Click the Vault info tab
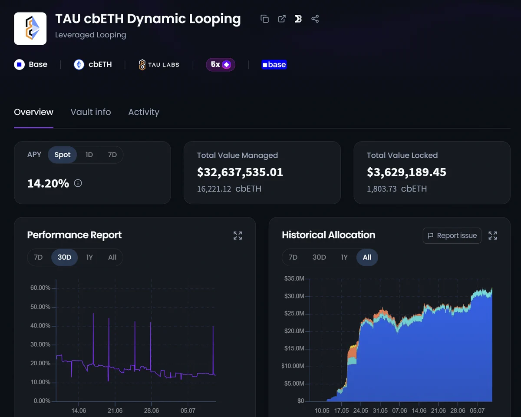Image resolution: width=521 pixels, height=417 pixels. pyautogui.click(x=91, y=112)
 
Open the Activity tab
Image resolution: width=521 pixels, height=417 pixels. pyautogui.click(x=144, y=112)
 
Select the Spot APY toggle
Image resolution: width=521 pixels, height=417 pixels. pyautogui.click(x=62, y=155)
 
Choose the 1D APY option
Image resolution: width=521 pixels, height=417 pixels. pyautogui.click(x=89, y=155)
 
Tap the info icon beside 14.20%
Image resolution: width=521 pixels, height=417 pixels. pyautogui.click(x=78, y=183)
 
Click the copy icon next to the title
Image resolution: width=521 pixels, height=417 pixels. pyautogui.click(x=264, y=19)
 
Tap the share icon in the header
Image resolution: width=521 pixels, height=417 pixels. pyautogui.click(x=315, y=19)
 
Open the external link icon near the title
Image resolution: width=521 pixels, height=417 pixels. pyautogui.click(x=282, y=19)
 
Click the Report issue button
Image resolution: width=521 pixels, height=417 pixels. pyautogui.click(x=452, y=235)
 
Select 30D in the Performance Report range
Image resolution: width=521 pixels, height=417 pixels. pyautogui.click(x=64, y=257)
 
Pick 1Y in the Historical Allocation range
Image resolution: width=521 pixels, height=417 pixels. pyautogui.click(x=344, y=257)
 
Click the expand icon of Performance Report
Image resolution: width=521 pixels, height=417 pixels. pyautogui.click(x=237, y=235)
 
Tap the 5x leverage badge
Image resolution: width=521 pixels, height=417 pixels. pyautogui.click(x=220, y=64)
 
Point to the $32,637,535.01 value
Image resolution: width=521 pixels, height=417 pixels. pyautogui.click(x=240, y=172)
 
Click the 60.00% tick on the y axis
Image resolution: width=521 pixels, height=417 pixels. pyautogui.click(x=40, y=288)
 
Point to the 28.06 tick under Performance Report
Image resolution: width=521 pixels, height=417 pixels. pyautogui.click(x=152, y=410)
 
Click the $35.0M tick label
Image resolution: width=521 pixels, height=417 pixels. pyautogui.click(x=294, y=278)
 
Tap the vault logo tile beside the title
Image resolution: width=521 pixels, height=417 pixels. pyautogui.click(x=30, y=29)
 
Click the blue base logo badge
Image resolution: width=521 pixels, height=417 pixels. pyautogui.click(x=274, y=64)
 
